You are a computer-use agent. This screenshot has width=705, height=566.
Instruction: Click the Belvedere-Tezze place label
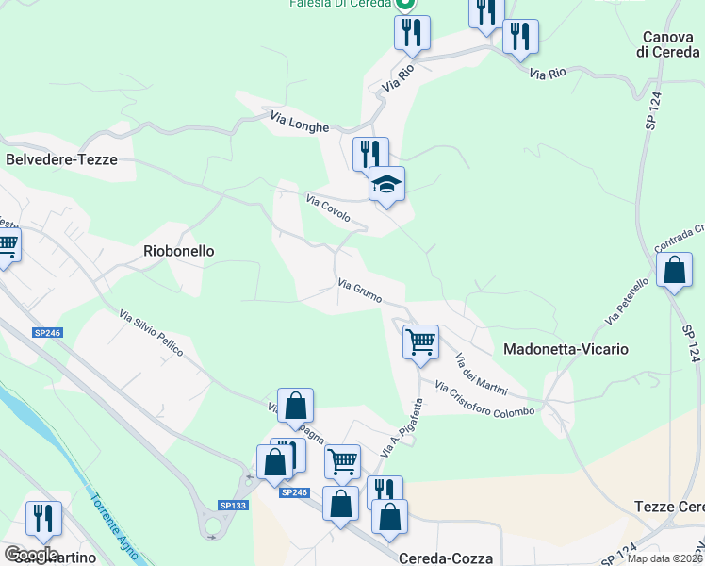(x=62, y=159)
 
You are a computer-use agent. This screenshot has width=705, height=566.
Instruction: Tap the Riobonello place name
(x=179, y=251)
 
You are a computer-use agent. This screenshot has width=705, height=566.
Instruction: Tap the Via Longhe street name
(x=300, y=122)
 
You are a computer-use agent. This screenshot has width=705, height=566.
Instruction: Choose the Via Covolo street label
(x=328, y=208)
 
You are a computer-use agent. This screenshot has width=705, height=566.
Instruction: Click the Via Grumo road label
(x=360, y=291)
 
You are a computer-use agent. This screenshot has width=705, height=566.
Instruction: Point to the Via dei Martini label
(x=482, y=375)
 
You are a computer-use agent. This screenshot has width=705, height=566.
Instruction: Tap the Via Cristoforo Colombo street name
(x=484, y=399)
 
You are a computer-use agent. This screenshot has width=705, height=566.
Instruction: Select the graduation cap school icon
(x=386, y=183)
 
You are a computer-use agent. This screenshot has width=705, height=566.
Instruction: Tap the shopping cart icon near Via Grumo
(x=420, y=341)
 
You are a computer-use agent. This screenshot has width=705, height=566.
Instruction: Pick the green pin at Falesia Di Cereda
(x=406, y=5)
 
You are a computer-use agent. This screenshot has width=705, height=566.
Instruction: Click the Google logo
(x=31, y=554)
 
